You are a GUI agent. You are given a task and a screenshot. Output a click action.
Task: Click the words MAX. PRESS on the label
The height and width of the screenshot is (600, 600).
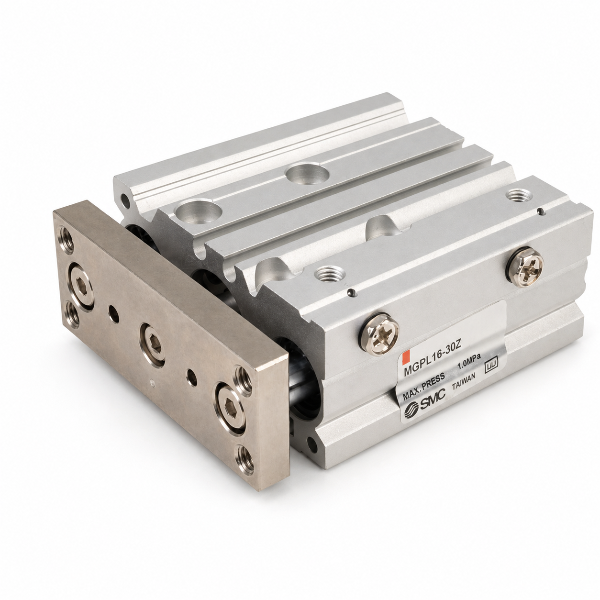(424, 385)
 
